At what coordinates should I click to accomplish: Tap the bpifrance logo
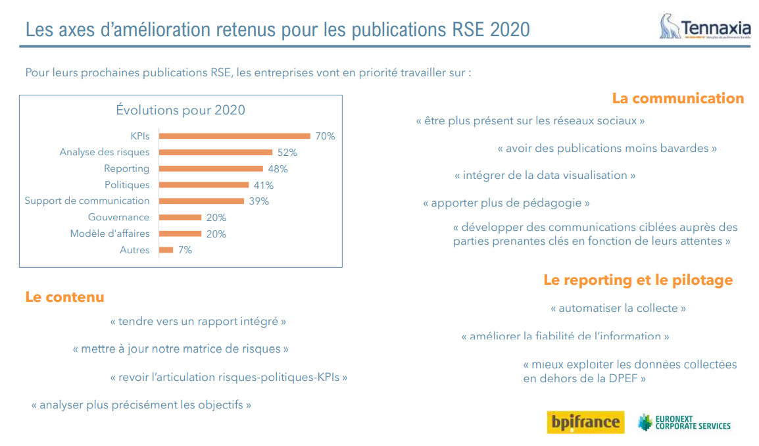[x=585, y=421]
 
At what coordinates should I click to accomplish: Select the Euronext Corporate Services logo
[x=683, y=422]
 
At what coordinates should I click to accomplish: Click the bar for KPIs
[x=235, y=136]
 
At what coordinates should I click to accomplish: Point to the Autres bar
[x=166, y=250]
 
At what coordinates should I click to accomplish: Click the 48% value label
[x=278, y=169]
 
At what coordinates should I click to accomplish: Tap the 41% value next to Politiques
[x=263, y=186]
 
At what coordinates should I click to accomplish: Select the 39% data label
[x=258, y=201]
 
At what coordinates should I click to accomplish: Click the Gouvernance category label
[x=118, y=217]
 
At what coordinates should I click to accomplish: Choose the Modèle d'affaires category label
[x=110, y=234]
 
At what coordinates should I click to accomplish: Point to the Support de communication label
[x=87, y=201]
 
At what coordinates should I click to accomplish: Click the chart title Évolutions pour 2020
[x=180, y=110]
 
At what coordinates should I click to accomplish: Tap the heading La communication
[x=677, y=99]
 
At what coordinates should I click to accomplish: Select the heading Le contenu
[x=64, y=297]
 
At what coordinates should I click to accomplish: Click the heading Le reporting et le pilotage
[x=637, y=280]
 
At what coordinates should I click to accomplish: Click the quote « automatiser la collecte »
[x=618, y=308]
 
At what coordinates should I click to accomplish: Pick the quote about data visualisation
[x=545, y=176]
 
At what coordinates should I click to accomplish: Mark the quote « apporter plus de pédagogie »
[x=506, y=203]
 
